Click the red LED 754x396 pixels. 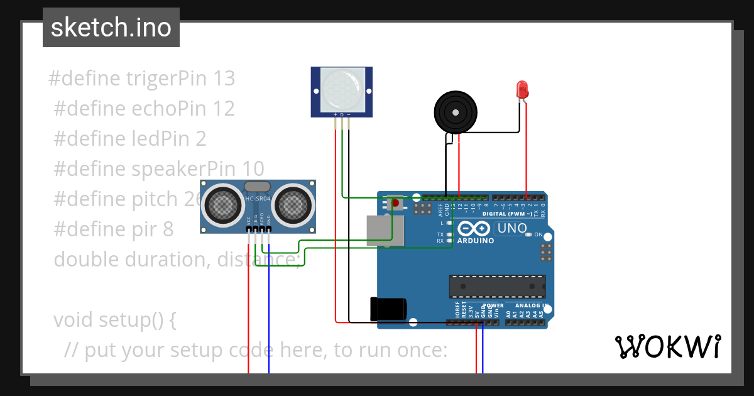(x=522, y=89)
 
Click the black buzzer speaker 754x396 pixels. (x=456, y=112)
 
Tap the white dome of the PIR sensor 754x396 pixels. (x=342, y=89)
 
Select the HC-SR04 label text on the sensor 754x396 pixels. (x=258, y=199)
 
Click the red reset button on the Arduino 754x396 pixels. (x=395, y=203)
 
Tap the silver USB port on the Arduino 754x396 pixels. (x=385, y=229)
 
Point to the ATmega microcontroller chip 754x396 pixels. (x=496, y=286)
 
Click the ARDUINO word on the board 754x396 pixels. (x=476, y=241)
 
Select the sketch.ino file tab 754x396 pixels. (x=111, y=28)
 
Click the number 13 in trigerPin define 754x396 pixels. (x=224, y=79)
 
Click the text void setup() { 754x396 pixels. (x=114, y=320)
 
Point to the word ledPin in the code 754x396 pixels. (x=162, y=139)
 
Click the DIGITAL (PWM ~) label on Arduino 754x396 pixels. (x=508, y=214)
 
